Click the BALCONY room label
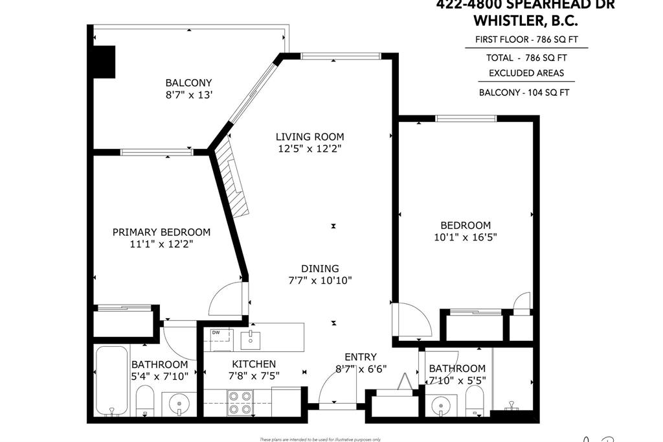188,83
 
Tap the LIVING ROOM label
309,137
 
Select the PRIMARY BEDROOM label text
161,232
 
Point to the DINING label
320,269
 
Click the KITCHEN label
254,364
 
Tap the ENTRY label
360,357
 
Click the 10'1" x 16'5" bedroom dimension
466,237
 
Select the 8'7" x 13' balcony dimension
188,95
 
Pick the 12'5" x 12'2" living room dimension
309,148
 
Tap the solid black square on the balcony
103,62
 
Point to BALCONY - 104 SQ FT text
524,92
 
